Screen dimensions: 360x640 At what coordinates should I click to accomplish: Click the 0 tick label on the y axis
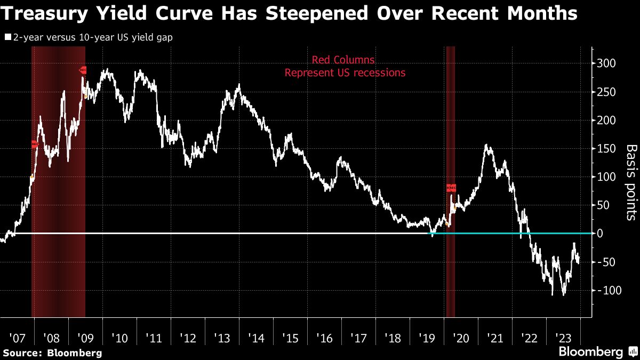pos(601,234)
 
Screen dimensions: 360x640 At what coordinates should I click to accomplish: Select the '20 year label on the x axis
pos(460,338)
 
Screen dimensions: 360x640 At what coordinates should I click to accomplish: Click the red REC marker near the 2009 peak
pos(83,70)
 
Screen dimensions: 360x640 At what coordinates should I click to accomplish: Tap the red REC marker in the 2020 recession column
pos(451,188)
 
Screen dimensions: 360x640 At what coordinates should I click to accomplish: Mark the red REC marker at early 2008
pos(35,144)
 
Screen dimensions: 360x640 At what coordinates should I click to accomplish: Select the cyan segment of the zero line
pos(560,234)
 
